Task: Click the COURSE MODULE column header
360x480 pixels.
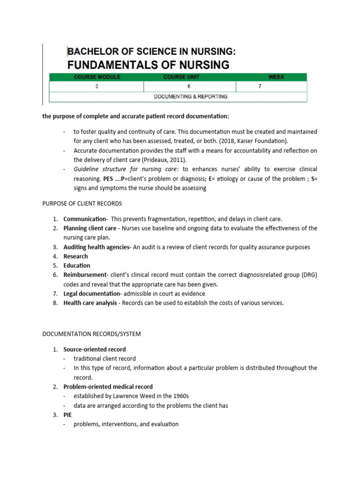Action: click(97, 77)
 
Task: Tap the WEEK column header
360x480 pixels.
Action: click(276, 77)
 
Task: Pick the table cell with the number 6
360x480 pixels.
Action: click(189, 87)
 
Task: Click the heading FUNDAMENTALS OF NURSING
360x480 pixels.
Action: click(149, 65)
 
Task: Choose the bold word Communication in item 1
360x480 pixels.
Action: click(85, 219)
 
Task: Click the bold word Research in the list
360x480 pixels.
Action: click(75, 256)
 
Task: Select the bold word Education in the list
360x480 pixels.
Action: click(77, 265)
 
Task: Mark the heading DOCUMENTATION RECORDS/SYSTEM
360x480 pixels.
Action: click(91, 334)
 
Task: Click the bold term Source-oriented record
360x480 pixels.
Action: click(95, 349)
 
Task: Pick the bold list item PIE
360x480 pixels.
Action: click(68, 415)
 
